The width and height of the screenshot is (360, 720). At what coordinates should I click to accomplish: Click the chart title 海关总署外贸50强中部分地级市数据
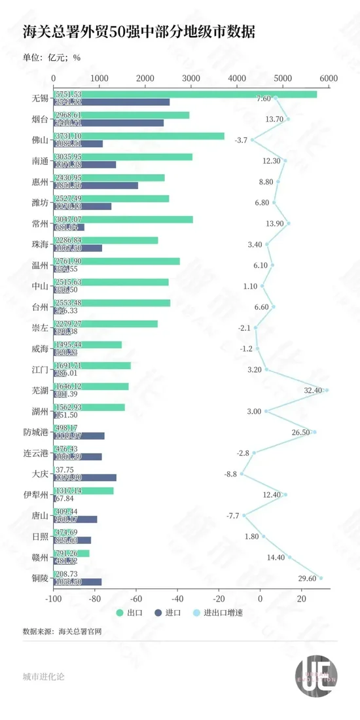(139, 32)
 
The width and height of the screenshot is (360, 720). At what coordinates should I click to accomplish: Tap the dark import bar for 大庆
(85, 477)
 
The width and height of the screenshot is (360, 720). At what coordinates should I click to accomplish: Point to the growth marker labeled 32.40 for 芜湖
(327, 390)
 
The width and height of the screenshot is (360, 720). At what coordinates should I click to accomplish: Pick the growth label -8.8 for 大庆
(230, 474)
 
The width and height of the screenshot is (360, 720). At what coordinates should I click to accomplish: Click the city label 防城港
(35, 432)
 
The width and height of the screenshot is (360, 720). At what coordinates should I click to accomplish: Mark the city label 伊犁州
(35, 495)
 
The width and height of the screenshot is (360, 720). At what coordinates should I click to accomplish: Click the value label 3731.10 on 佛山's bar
(69, 136)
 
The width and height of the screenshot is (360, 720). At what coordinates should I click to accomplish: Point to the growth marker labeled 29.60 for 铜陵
(321, 578)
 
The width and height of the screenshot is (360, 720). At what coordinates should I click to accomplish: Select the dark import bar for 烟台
(109, 122)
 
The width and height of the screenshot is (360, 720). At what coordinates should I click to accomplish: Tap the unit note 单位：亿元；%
(52, 57)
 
